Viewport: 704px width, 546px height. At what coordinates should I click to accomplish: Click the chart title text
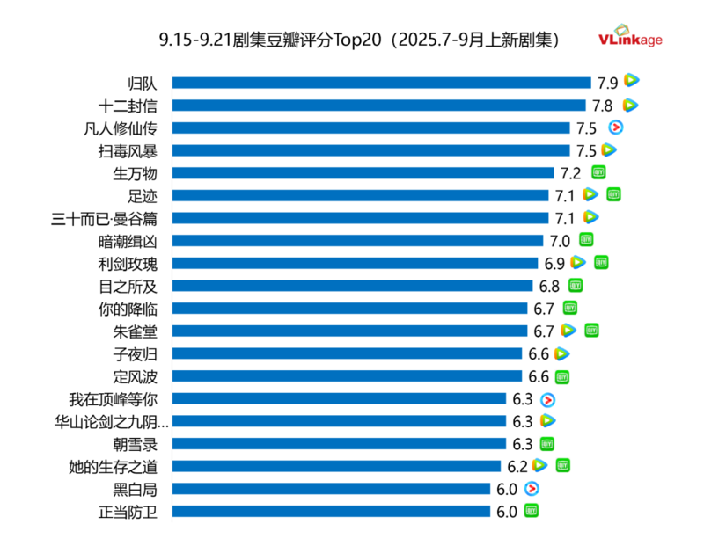[x=359, y=40]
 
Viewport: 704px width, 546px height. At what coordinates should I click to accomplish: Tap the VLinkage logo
[x=630, y=37]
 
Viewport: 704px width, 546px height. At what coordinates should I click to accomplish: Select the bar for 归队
[x=381, y=83]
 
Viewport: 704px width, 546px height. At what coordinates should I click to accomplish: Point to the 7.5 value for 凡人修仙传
[x=586, y=128]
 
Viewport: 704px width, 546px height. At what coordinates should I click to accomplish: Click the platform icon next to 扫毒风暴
[x=609, y=150]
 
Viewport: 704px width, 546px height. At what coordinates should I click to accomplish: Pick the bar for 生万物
[x=363, y=173]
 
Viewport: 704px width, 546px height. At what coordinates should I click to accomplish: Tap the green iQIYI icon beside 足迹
[x=614, y=194]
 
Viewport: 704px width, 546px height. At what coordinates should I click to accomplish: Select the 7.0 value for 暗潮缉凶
[x=560, y=241]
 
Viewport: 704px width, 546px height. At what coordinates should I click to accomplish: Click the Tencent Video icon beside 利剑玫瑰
[x=578, y=262]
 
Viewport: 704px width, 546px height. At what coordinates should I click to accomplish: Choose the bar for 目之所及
[x=352, y=286]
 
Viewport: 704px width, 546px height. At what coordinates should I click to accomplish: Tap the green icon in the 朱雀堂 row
[x=591, y=331]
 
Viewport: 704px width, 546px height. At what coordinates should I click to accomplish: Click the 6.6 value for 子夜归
[x=539, y=353]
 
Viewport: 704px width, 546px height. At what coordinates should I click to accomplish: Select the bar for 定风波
[x=347, y=376]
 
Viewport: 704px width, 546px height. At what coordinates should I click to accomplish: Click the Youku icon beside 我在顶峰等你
[x=547, y=399]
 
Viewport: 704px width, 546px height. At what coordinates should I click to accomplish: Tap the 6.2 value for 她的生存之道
[x=517, y=466]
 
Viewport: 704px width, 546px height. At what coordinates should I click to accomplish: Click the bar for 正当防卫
[x=331, y=512]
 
